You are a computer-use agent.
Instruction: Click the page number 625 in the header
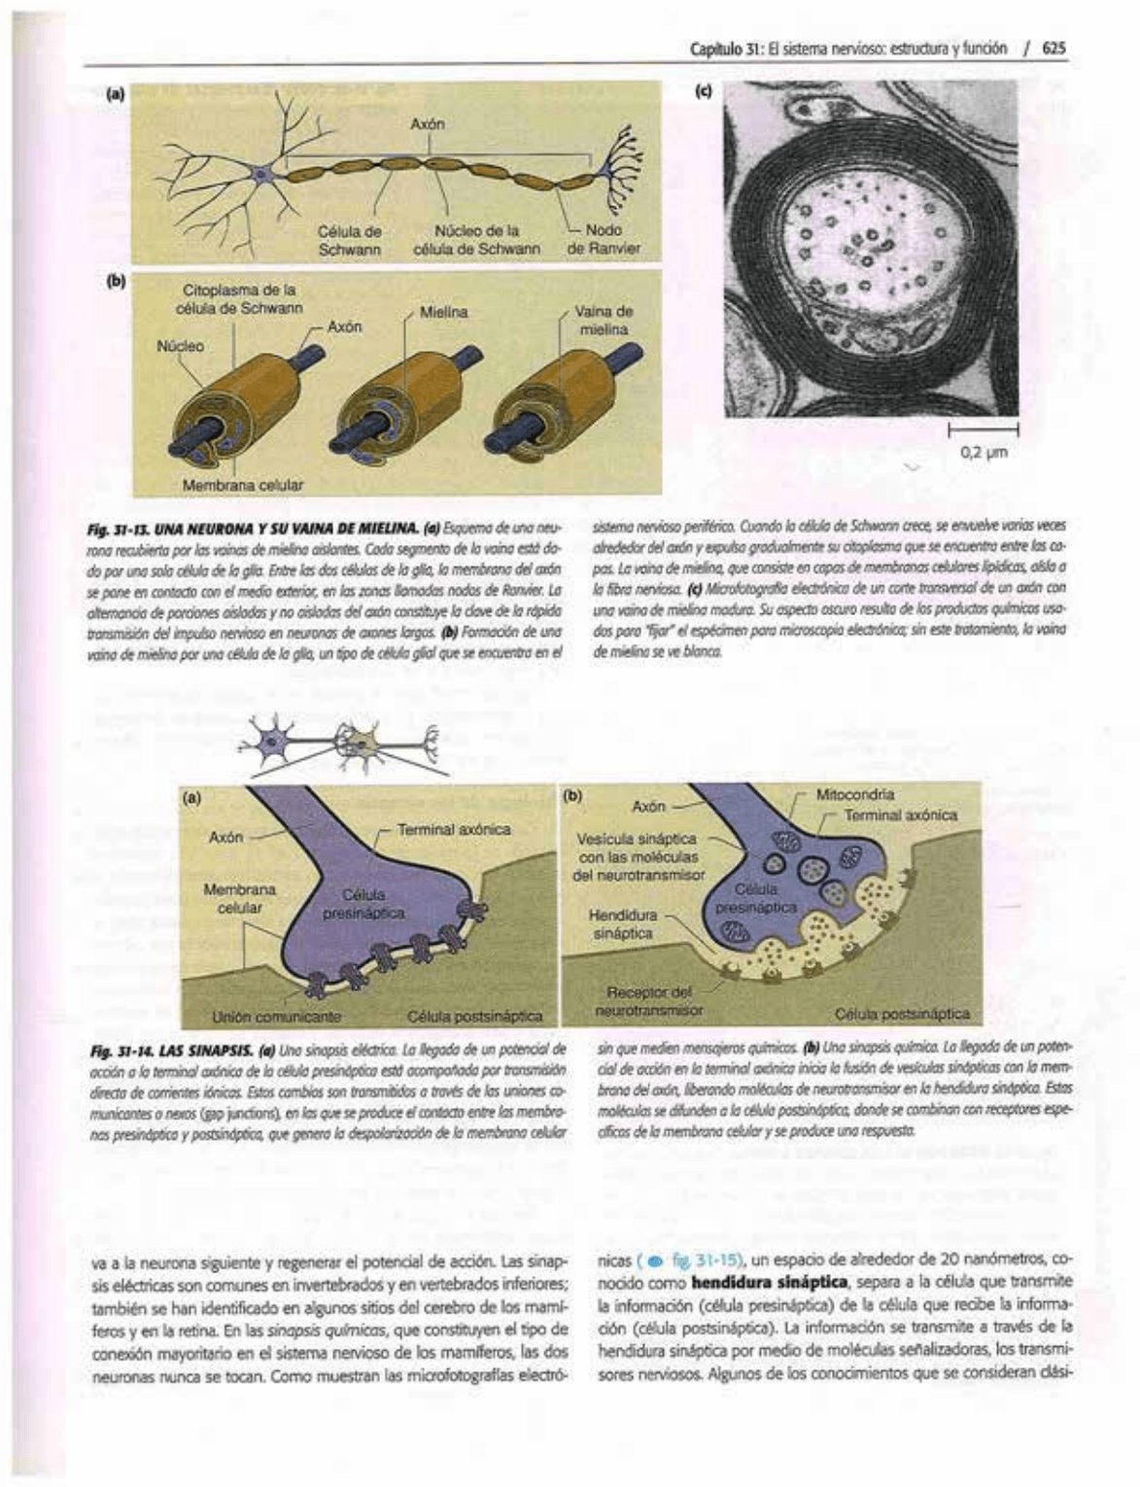click(x=1054, y=48)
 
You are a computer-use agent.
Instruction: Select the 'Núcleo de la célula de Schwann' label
click(x=476, y=239)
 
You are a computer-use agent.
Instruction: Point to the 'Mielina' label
click(x=443, y=312)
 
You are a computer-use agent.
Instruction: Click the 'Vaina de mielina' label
click(x=604, y=321)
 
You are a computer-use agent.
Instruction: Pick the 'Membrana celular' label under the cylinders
click(x=243, y=484)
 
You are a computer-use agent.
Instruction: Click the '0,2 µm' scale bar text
click(x=984, y=451)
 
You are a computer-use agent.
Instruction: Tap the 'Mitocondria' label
click(x=855, y=794)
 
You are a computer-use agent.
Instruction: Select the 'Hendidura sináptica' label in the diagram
click(x=623, y=924)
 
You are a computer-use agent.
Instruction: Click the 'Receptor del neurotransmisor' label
click(x=648, y=1001)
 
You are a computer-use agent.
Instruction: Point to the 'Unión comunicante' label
click(x=277, y=1017)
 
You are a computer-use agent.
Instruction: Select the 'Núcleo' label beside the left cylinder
click(x=180, y=346)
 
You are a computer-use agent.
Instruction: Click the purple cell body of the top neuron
click(x=260, y=176)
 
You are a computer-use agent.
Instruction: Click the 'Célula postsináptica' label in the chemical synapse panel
click(x=902, y=1014)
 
